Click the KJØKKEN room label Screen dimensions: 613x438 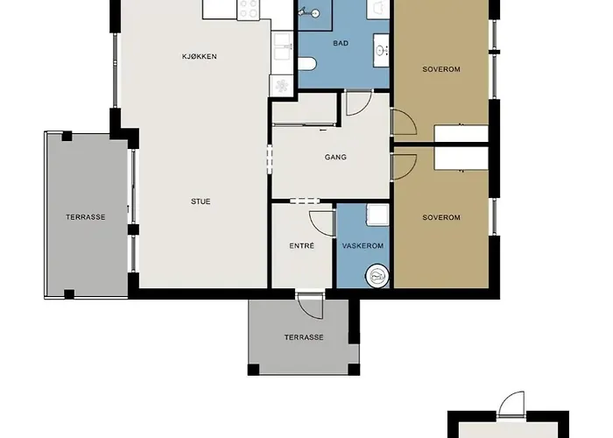(x=200, y=56)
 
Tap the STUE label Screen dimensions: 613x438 (x=201, y=201)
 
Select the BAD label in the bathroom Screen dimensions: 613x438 (x=341, y=43)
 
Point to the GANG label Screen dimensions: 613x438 (x=335, y=157)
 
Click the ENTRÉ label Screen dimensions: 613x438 (x=302, y=245)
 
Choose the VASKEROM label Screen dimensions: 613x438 (x=363, y=245)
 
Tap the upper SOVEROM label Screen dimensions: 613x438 (x=441, y=69)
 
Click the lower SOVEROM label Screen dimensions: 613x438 (x=441, y=217)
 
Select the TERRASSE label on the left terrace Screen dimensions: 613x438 (x=86, y=217)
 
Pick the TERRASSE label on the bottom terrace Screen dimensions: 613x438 (x=304, y=337)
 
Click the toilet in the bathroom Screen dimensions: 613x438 (x=306, y=64)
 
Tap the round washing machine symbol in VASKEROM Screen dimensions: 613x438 (x=377, y=277)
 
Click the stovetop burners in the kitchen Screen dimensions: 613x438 (x=249, y=9)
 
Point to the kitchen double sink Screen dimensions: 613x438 (x=282, y=46)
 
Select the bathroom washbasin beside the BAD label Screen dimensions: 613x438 (x=381, y=50)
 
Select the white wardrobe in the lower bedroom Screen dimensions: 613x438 (x=462, y=159)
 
